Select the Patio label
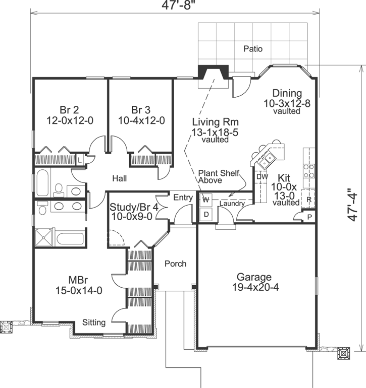[x=253, y=49]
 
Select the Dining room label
[x=287, y=93]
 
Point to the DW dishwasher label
[x=262, y=177]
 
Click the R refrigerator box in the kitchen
[x=308, y=199]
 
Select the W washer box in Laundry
[x=206, y=199]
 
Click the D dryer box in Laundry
[x=206, y=214]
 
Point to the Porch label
[x=176, y=264]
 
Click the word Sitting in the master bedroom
[x=94, y=322]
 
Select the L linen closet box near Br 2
[x=80, y=160]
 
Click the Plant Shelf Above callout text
[x=214, y=176]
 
